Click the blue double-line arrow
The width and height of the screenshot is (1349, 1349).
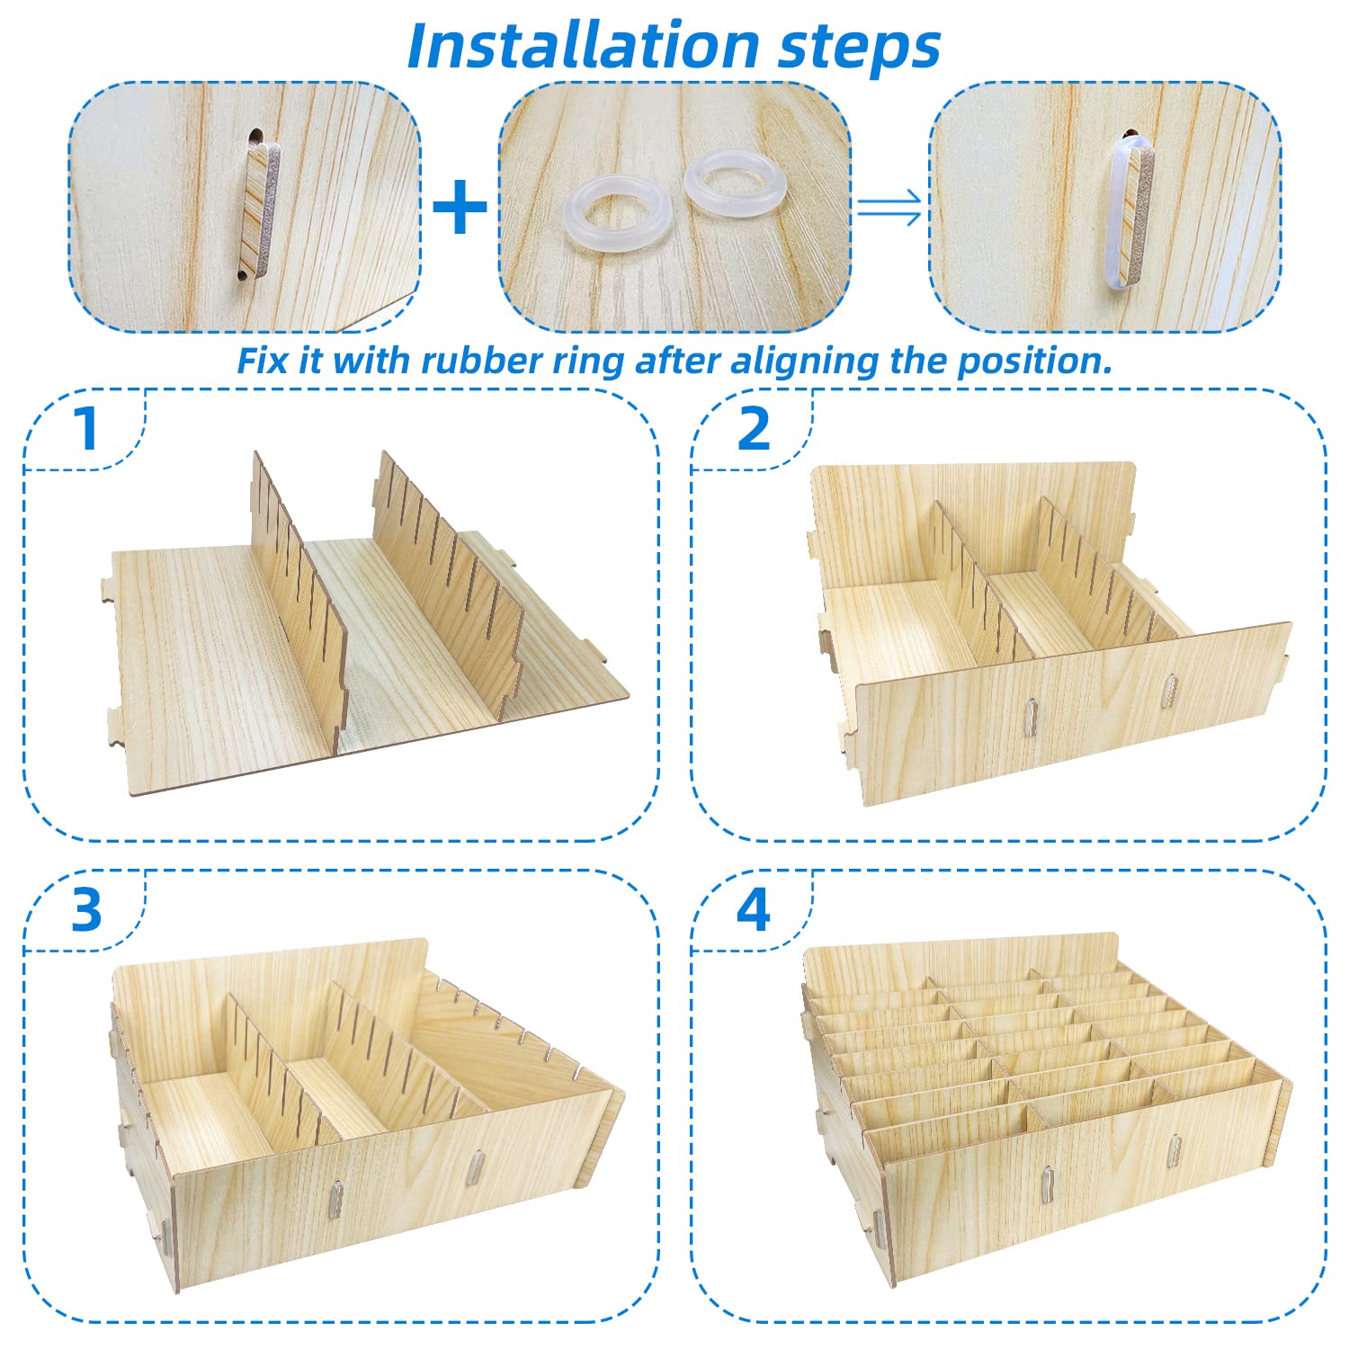click(x=889, y=209)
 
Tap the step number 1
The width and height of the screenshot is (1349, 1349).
click(x=86, y=429)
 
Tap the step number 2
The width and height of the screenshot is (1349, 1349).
click(x=753, y=429)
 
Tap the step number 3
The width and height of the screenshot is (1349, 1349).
click(x=86, y=910)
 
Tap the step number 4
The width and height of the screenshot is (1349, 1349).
click(x=753, y=910)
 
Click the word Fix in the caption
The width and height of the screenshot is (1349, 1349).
click(x=261, y=361)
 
